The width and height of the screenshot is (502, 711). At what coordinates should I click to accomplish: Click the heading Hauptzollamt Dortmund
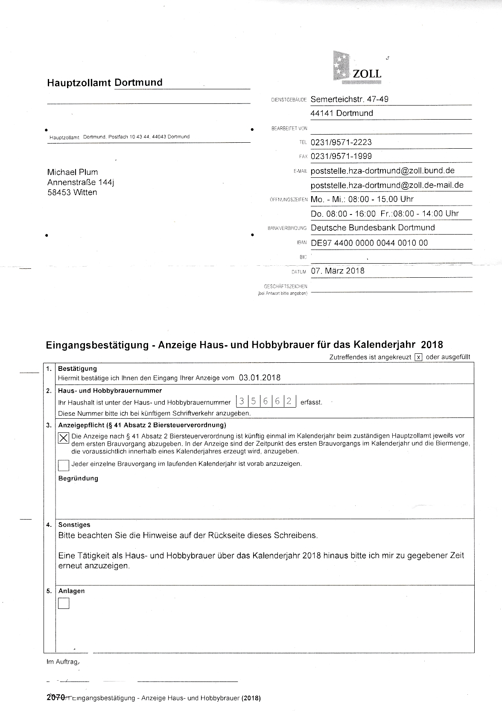[x=105, y=82]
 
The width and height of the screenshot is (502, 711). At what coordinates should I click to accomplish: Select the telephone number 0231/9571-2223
[x=341, y=142]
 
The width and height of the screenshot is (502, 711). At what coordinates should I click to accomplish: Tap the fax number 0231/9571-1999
[x=341, y=156]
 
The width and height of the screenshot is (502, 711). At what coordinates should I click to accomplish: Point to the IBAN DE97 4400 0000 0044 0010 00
[x=369, y=243]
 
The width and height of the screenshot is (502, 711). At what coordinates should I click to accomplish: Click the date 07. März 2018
[x=338, y=271]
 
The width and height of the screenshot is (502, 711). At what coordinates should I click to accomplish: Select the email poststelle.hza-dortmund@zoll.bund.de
[x=382, y=171]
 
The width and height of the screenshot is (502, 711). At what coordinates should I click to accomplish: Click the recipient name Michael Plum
[x=73, y=172]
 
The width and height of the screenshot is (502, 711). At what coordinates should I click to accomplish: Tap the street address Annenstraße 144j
[x=81, y=182]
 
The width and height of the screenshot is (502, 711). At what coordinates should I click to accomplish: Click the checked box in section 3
[x=64, y=438]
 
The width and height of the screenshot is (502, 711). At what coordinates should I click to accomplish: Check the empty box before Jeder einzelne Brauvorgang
[x=64, y=465]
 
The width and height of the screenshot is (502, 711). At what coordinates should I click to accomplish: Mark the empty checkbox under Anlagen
[x=64, y=603]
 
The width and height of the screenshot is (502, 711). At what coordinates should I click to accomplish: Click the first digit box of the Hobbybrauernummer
[x=242, y=401]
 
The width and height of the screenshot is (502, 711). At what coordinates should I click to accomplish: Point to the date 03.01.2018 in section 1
[x=260, y=378]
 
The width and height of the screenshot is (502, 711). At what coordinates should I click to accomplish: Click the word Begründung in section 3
[x=78, y=479]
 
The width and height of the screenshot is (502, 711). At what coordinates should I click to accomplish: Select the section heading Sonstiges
[x=74, y=525]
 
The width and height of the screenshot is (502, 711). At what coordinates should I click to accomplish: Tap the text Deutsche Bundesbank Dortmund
[x=373, y=228]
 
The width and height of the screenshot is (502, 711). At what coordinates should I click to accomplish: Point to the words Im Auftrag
[x=62, y=662]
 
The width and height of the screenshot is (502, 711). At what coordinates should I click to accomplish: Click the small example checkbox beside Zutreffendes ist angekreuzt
[x=419, y=357]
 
